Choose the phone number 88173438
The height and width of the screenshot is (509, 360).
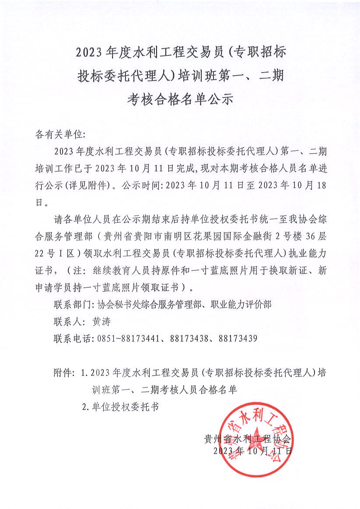189,338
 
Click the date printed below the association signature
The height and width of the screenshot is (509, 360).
252,450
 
